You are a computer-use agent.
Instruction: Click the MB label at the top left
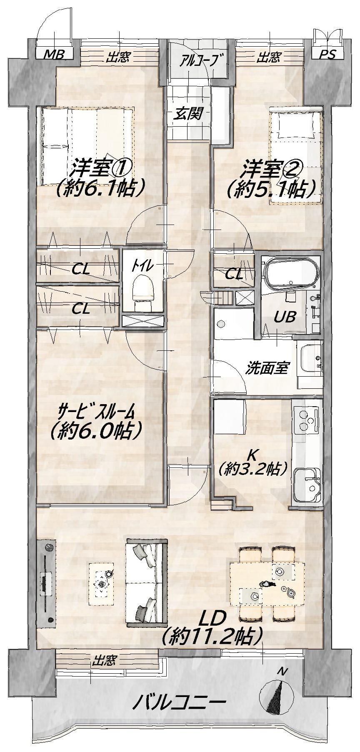pyautogui.click(x=54, y=55)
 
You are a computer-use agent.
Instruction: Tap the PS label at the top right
pyautogui.click(x=328, y=55)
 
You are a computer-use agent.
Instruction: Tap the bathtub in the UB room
pyautogui.click(x=292, y=274)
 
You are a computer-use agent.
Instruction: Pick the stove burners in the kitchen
pyautogui.click(x=307, y=420)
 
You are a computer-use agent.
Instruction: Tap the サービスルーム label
pyautogui.click(x=96, y=412)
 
